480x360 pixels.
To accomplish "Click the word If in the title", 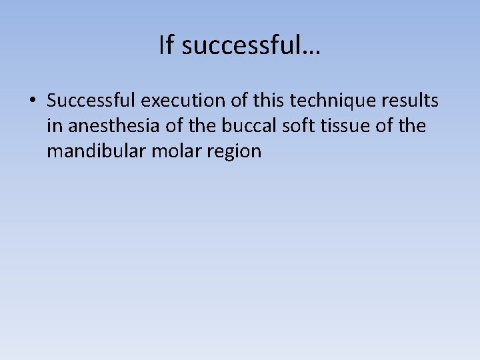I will [x=167, y=45].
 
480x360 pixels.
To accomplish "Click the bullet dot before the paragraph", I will [x=32, y=101].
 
